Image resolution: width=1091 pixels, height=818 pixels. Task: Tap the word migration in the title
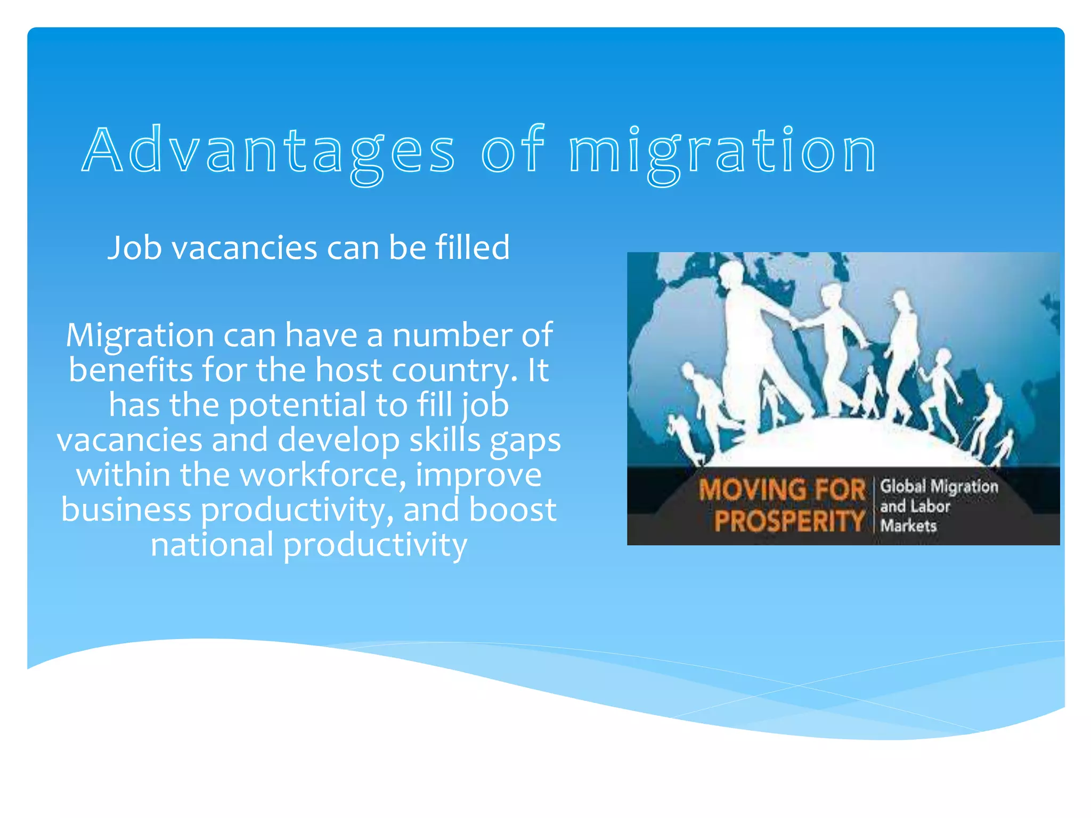coord(723,151)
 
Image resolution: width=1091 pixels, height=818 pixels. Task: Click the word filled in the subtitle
coord(473,248)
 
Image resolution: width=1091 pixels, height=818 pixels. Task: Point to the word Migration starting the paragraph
coord(140,336)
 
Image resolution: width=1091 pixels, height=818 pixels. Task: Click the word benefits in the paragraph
coord(131,370)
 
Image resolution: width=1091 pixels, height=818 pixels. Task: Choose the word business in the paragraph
coord(126,510)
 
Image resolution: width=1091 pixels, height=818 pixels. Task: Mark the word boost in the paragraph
coord(512,510)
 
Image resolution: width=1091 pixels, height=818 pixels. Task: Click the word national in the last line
coord(211,545)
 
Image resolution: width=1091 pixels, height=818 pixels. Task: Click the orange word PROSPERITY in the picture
coord(789,521)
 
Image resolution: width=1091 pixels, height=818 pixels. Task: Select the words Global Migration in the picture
coord(939,486)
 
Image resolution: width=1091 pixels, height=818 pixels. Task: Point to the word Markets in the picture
coord(908,526)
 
